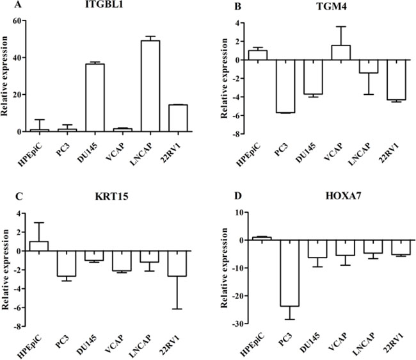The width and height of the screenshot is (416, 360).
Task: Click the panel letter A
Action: pos(8,6)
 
